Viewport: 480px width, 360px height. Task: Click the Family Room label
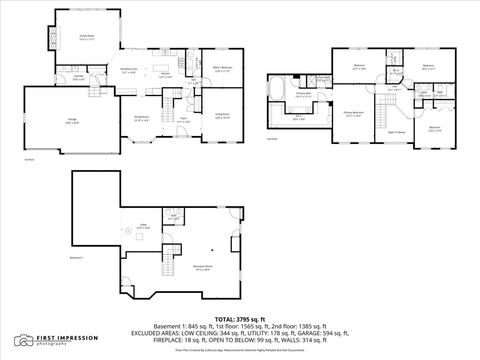[86, 36]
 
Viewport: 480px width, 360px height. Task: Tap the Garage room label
[44, 120]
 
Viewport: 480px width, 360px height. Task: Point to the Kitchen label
[163, 74]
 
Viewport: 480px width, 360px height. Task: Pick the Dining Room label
[141, 118]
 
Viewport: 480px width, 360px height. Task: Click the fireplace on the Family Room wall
[51, 37]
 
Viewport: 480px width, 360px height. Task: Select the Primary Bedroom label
[353, 113]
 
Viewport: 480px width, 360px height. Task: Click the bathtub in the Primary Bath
[279, 88]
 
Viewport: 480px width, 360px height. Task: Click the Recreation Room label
[202, 267]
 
